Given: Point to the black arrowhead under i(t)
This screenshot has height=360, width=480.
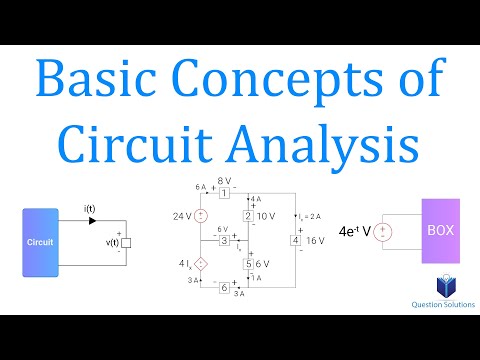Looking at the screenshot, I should (89, 219).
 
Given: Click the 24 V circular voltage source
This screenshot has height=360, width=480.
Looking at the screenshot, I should (200, 215).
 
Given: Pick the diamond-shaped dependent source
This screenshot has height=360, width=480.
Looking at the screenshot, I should (200, 265).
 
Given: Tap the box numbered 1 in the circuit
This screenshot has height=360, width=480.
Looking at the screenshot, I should (226, 192).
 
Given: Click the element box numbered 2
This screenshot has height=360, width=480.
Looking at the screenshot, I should (248, 215).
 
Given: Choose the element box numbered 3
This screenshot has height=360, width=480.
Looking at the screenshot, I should (226, 240).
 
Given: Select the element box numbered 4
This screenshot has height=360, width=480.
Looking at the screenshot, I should (295, 240).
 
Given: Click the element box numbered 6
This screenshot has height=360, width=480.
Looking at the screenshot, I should (226, 288).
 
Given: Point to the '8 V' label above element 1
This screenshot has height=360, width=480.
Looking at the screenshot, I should (225, 180).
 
